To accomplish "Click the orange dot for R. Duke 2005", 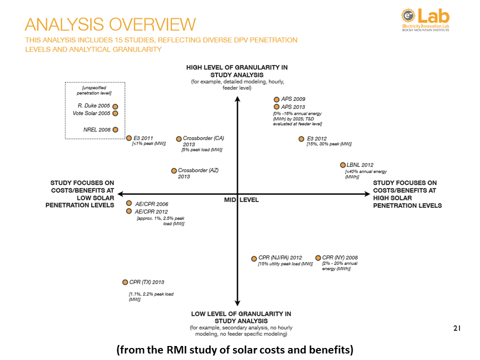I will click(115, 106).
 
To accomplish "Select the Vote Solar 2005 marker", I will click(115, 113).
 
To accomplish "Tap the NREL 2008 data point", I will click(115, 130).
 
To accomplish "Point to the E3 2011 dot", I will click(129, 138).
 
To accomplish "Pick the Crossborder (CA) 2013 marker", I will click(179, 138).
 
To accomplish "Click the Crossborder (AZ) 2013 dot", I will click(174, 170).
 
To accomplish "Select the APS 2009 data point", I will click(276, 99).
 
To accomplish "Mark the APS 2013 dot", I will click(276, 106).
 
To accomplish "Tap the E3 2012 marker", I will click(301, 139).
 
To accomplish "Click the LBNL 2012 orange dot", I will click(342, 165).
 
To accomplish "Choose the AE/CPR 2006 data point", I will click(129, 203).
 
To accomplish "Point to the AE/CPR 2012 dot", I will click(129, 211).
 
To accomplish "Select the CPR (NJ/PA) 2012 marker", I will click(254, 258).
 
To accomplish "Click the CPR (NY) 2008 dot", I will click(318, 258).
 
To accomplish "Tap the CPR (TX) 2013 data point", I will click(125, 282).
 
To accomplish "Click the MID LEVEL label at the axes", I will click(241, 200).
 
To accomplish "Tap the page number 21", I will click(456, 328).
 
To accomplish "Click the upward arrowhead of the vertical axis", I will click(237, 98).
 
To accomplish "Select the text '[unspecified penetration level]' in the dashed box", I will click(94, 90).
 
